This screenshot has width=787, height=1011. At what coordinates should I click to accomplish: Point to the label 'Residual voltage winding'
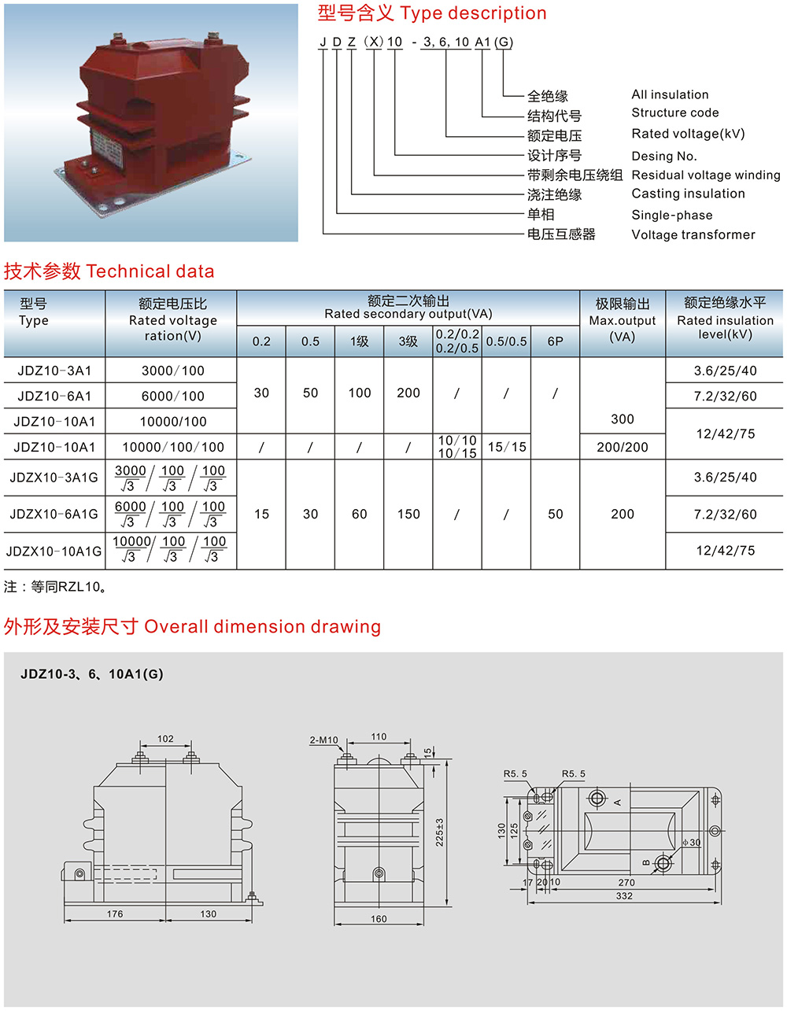point(705,175)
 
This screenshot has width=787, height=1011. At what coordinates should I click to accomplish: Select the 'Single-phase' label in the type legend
point(671,215)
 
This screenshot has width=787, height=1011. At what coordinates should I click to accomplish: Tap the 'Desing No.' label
point(663,156)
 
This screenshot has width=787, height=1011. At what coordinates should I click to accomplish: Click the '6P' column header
point(555,341)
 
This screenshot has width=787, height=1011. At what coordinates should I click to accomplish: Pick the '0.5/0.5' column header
point(506,341)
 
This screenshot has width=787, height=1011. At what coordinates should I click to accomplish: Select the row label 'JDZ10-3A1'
point(54,371)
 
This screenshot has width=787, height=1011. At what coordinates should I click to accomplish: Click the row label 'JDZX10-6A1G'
point(54,514)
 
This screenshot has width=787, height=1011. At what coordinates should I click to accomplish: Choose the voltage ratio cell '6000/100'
point(172,396)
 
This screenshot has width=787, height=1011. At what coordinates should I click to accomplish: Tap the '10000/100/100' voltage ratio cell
point(172,447)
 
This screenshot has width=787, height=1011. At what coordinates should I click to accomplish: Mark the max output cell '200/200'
point(622,447)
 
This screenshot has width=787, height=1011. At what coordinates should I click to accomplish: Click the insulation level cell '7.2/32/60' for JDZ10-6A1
point(725,396)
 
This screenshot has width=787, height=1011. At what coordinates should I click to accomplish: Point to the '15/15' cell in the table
point(506,447)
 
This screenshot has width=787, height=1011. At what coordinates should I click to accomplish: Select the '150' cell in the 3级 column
point(408,514)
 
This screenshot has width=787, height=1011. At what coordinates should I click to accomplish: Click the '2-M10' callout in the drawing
point(323,740)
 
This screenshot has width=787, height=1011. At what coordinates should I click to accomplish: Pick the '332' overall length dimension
point(623,896)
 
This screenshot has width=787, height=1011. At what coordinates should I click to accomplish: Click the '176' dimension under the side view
point(114,914)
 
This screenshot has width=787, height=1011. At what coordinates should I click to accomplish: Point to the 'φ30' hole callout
point(693,843)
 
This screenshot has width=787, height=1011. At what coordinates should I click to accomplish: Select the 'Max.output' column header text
point(622,320)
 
